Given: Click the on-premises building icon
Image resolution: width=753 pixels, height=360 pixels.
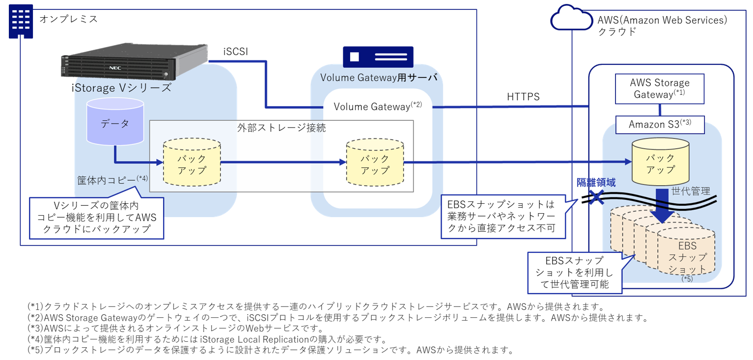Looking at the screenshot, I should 21,21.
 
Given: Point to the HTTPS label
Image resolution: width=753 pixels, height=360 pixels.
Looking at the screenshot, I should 523,97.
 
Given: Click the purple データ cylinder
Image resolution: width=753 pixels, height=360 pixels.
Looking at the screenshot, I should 115,123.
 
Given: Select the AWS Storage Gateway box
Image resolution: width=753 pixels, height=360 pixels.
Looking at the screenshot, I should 659,88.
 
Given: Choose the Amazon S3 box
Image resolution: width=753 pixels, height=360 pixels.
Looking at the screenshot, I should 660,125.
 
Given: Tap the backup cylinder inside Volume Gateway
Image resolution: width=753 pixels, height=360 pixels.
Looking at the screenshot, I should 375,164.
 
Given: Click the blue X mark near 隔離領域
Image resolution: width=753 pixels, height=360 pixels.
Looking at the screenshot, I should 596,197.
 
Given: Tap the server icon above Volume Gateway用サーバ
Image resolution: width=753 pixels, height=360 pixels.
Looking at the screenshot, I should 378,56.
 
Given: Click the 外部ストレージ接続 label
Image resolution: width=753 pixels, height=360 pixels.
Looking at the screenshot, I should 281,128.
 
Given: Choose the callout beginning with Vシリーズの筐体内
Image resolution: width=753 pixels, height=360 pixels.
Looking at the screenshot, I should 96,218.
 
